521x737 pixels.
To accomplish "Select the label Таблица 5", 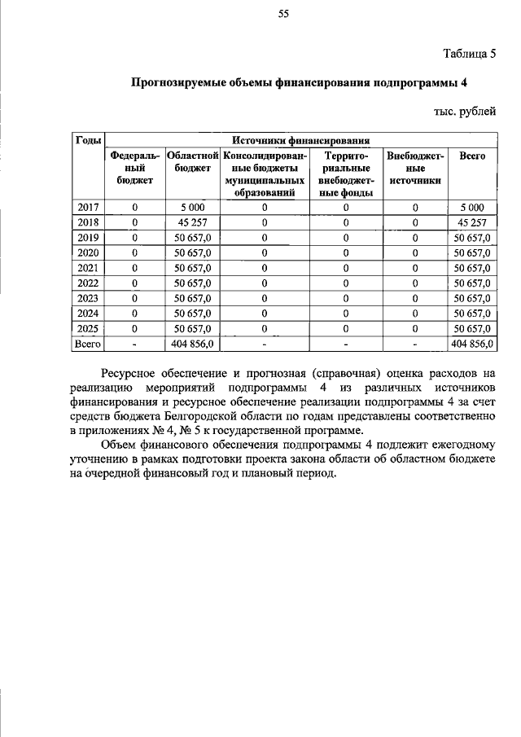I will coord(469,55).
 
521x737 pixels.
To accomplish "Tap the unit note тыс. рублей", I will coord(464,111).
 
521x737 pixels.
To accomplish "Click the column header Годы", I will coord(88,139).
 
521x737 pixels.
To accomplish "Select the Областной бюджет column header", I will coord(192,161).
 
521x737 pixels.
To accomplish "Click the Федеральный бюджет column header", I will coord(135,168).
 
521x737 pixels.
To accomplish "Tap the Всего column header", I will coord(472,155).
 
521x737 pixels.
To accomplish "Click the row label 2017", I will coord(88,208).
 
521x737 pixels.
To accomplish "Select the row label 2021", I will coord(88,268).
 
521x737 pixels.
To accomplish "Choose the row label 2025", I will coord(88,329).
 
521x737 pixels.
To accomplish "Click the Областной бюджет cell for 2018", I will coord(192,222).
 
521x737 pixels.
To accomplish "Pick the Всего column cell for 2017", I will coord(472,208).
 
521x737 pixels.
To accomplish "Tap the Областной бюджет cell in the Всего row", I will coord(192,344).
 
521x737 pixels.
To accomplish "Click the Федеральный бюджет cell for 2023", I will coord(135,299).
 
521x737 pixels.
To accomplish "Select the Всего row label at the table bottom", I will coord(88,344).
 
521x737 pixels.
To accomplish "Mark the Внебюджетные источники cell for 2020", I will coord(415,253).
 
